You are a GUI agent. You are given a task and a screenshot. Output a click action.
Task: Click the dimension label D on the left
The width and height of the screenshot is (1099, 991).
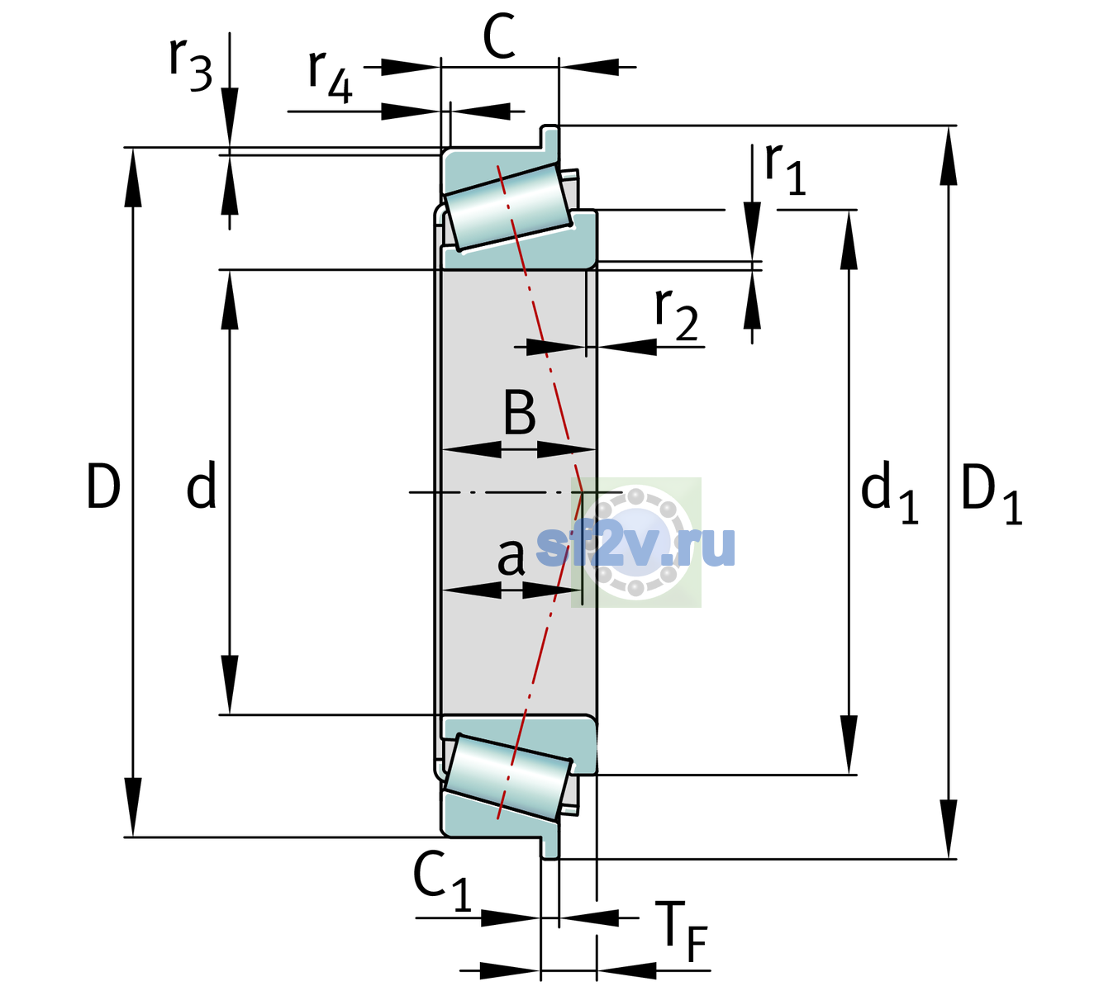pyautogui.click(x=103, y=486)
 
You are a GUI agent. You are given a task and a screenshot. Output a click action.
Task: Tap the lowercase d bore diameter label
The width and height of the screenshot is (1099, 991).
pyautogui.click(x=202, y=485)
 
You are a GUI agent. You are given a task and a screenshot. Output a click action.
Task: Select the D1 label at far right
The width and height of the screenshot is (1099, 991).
pyautogui.click(x=991, y=493)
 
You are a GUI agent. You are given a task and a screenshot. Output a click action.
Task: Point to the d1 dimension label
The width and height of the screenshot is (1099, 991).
pyautogui.click(x=889, y=491)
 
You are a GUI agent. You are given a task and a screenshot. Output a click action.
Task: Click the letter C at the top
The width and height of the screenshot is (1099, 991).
pyautogui.click(x=498, y=36)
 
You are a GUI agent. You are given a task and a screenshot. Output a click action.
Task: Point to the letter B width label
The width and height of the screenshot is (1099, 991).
pyautogui.click(x=519, y=412)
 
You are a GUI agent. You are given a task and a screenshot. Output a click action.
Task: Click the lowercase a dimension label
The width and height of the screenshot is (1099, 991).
pyautogui.click(x=511, y=557)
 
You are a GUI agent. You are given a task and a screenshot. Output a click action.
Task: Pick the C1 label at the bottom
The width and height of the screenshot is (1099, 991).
pyautogui.click(x=442, y=880)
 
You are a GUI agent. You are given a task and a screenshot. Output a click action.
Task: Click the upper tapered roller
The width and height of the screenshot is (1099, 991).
pyautogui.click(x=508, y=207)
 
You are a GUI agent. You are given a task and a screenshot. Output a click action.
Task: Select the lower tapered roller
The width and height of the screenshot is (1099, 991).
pyautogui.click(x=508, y=777)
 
